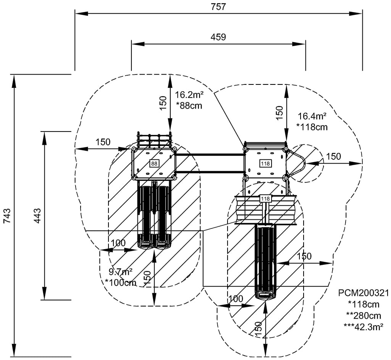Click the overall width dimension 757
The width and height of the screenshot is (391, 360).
218,6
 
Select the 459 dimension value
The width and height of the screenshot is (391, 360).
218,37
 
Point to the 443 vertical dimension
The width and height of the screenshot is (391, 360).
37,216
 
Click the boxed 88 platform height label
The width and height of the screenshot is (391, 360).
154,164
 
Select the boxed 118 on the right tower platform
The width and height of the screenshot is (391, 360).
265,164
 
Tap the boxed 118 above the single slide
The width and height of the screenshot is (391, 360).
265,199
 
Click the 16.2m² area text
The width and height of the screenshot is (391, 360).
189,95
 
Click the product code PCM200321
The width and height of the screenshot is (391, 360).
363,293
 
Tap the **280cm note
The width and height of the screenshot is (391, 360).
363,315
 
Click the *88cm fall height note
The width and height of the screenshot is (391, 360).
189,106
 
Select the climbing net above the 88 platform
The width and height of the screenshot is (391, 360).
154,140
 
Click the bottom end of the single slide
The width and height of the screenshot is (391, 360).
266,295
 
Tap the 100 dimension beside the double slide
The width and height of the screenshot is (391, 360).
118,243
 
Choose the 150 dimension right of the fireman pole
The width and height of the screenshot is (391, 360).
333,156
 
